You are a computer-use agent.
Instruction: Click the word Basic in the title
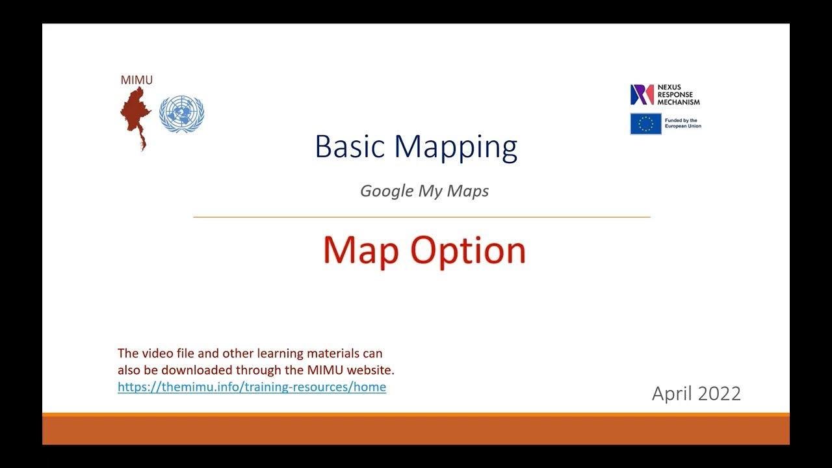coord(350,147)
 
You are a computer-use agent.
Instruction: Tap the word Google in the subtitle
coord(386,191)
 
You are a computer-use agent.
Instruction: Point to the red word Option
coord(468,251)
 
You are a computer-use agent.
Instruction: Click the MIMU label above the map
coord(136,80)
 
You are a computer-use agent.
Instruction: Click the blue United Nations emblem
coord(182,114)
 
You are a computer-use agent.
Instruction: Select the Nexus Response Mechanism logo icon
coord(642,95)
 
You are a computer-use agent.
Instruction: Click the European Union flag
coord(645,124)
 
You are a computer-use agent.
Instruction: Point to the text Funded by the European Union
coord(682,123)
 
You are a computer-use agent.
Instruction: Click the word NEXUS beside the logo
coord(669,87)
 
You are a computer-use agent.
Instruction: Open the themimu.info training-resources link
coord(252,387)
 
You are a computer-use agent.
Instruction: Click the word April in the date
coord(672,394)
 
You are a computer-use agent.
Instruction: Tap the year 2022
coord(719,394)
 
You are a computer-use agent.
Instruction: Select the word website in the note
coord(370,370)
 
